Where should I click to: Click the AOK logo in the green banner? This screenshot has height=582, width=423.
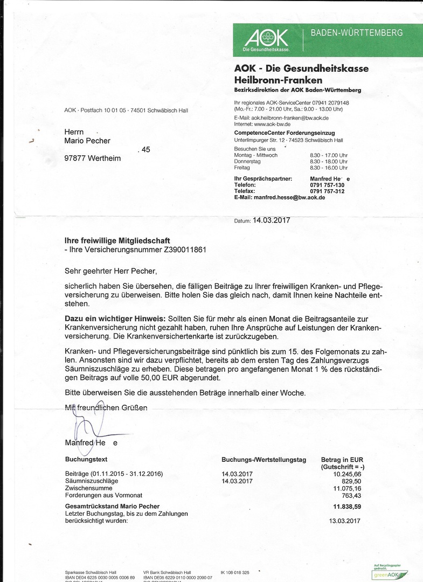267,39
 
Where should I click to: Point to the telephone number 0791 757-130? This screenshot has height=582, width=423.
327,185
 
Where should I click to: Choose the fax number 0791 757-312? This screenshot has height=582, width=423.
327,191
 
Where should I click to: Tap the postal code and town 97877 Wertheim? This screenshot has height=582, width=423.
93,158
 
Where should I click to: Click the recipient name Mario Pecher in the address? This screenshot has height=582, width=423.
87,141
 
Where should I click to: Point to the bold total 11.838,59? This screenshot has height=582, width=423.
346,507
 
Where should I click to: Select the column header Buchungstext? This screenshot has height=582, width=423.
86,460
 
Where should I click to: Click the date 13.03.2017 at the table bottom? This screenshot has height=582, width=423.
344,521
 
